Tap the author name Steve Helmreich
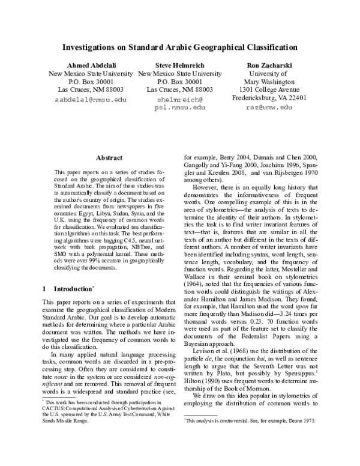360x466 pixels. (x=179, y=65)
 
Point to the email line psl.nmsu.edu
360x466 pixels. (x=179, y=107)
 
